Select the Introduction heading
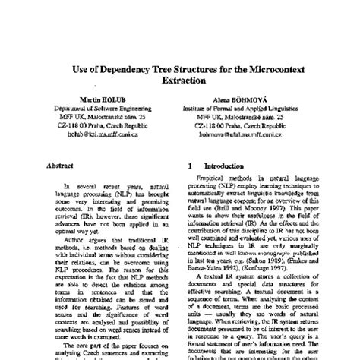[223, 163]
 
